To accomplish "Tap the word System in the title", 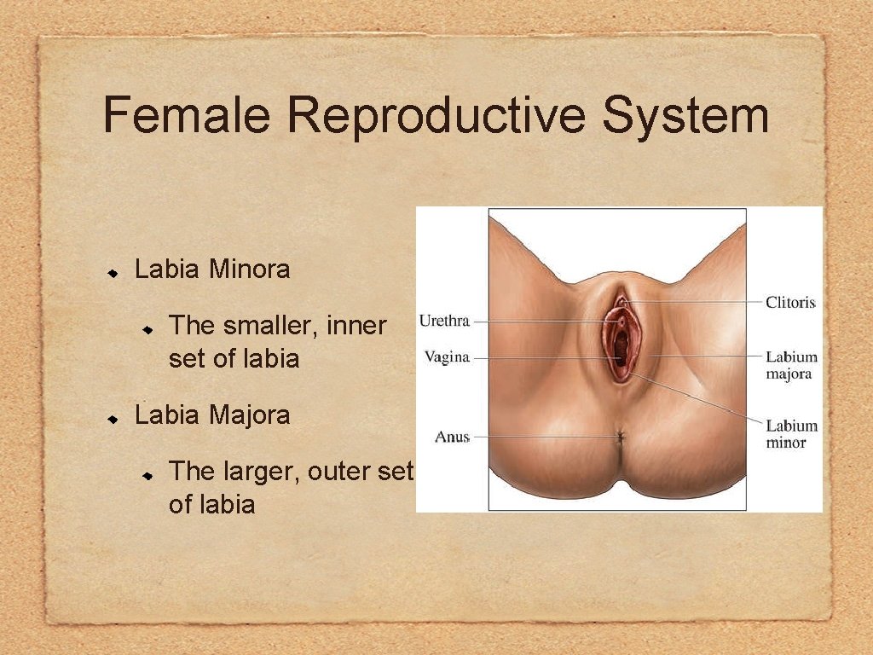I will click(685, 116).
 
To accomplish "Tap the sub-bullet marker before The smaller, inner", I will click(147, 327).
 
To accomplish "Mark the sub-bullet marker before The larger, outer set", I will click(147, 472).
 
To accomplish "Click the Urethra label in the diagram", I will click(444, 322).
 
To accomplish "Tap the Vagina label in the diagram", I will click(447, 357).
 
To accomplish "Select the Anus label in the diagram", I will click(452, 437).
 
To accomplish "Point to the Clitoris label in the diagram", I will click(790, 302).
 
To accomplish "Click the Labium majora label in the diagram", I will click(790, 365).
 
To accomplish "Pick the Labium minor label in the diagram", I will click(790, 433).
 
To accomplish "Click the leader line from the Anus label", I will click(546, 437).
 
